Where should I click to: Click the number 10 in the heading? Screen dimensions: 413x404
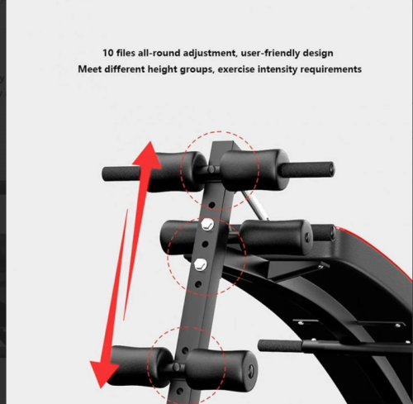coord(108,53)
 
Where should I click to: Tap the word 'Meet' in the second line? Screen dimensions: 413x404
coord(90,69)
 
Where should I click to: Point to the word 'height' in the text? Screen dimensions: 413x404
coord(163,69)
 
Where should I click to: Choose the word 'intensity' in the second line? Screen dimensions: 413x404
coord(278,69)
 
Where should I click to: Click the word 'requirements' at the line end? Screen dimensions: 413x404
coord(330,69)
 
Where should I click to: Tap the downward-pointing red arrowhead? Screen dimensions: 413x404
coord(103,374)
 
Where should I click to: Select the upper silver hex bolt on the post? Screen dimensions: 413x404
coord(207,225)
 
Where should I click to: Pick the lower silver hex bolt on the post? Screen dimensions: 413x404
coord(201,264)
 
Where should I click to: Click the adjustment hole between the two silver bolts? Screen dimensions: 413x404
coord(205,244)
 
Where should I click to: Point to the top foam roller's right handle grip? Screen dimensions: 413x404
coord(306,169)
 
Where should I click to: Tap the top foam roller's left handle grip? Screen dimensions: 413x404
coord(121,173)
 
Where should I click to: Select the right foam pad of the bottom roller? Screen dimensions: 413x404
coord(221,370)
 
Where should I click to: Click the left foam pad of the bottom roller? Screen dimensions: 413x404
coord(140,366)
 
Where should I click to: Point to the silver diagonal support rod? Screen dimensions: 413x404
coord(254,205)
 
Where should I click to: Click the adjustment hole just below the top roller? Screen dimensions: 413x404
coord(211,205)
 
